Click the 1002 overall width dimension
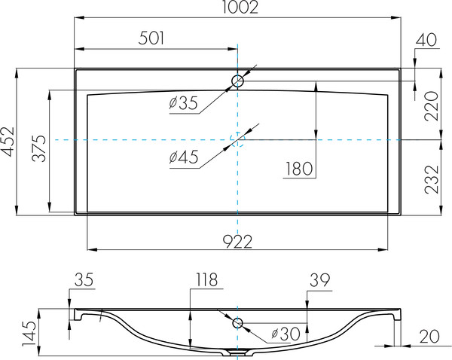coord(240,8)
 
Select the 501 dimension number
coord(151,38)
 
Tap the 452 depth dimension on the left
coord(8,142)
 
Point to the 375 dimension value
coord(39,148)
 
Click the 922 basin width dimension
coord(237,242)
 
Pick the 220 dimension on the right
coord(432,106)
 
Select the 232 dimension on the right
coord(432,179)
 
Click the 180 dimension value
coord(299,169)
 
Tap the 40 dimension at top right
coord(426,40)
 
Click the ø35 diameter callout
coord(183,103)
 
